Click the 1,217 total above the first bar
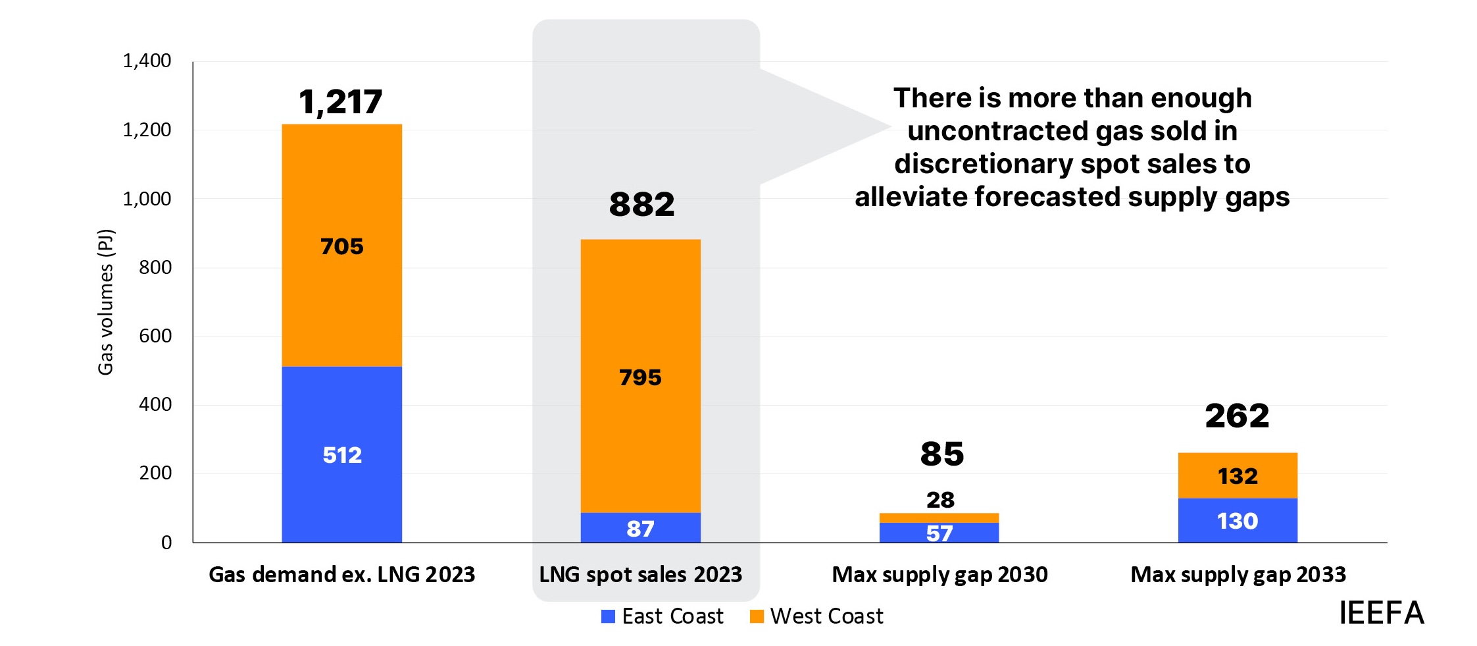pyautogui.click(x=340, y=102)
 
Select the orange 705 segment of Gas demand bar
pyautogui.click(x=341, y=246)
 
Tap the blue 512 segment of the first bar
pyautogui.click(x=341, y=454)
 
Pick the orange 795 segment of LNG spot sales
pyautogui.click(x=640, y=377)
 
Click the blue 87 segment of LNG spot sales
pyautogui.click(x=640, y=528)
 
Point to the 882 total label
pyautogui.click(x=641, y=204)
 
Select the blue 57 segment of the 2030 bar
pyautogui.click(x=939, y=533)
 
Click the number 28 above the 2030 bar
pyautogui.click(x=940, y=500)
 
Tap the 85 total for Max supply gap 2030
pyautogui.click(x=941, y=454)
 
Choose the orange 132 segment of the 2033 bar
pyautogui.click(x=1238, y=475)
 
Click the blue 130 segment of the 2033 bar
pyautogui.click(x=1238, y=521)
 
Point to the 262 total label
pyautogui.click(x=1237, y=416)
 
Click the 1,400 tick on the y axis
pyautogui.click(x=147, y=61)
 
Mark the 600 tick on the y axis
pyautogui.click(x=155, y=336)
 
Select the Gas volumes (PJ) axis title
pyautogui.click(x=106, y=302)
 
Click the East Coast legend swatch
pyautogui.click(x=609, y=616)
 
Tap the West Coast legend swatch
pyautogui.click(x=757, y=616)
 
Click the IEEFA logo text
pyautogui.click(x=1381, y=613)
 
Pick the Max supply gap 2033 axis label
pyautogui.click(x=1238, y=575)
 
